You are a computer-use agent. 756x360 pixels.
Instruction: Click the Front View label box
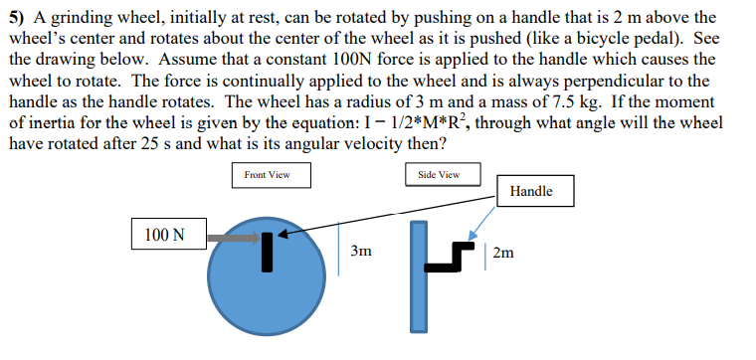click(x=268, y=175)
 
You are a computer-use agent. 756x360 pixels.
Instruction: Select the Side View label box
click(x=432, y=175)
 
